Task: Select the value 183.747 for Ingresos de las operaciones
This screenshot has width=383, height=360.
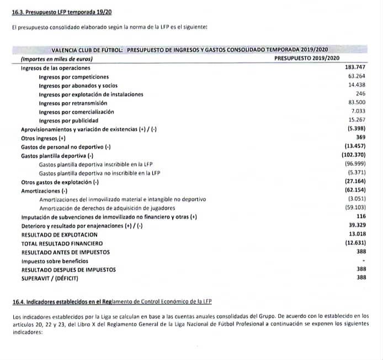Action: [x=354, y=67]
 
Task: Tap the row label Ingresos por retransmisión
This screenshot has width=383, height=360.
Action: [x=73, y=103]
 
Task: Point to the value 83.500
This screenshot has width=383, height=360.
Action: [x=356, y=103]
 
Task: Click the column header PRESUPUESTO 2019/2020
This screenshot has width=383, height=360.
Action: [x=306, y=58]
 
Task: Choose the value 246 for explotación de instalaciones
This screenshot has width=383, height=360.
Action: [x=361, y=94]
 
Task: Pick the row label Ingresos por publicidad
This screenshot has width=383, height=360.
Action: [x=68, y=120]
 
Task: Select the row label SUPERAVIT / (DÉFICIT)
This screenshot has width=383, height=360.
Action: [x=49, y=278]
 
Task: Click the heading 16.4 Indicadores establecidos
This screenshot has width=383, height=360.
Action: [x=112, y=301]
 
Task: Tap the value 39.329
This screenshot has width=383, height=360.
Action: [x=356, y=225]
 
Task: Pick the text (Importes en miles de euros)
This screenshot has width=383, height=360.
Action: [x=56, y=59]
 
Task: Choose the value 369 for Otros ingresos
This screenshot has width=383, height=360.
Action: [x=361, y=137]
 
